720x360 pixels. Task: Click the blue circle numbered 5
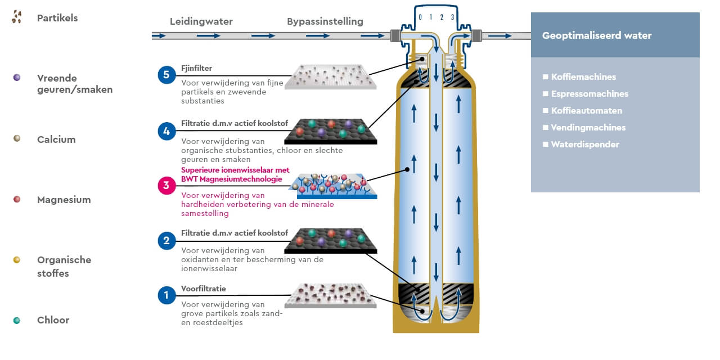pyautogui.click(x=167, y=74)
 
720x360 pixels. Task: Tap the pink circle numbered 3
pyautogui.click(x=167, y=185)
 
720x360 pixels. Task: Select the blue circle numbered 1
pyautogui.click(x=167, y=295)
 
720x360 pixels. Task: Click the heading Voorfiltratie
pyautogui.click(x=204, y=289)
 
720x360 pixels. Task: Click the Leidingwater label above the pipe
pyautogui.click(x=201, y=22)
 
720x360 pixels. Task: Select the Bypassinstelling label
pyautogui.click(x=325, y=22)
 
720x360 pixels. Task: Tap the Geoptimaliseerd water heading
pyautogui.click(x=597, y=35)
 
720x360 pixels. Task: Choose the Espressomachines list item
pyautogui.click(x=589, y=94)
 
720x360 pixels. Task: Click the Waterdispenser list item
pyautogui.click(x=585, y=145)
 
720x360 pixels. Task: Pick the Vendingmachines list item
pyautogui.click(x=588, y=128)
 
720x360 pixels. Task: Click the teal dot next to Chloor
pyautogui.click(x=17, y=320)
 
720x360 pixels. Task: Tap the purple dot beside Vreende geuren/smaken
pyautogui.click(x=17, y=78)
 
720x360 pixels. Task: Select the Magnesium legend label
pyautogui.click(x=64, y=200)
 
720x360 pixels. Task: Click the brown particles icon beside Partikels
pyautogui.click(x=17, y=17)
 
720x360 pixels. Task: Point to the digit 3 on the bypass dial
pyautogui.click(x=452, y=17)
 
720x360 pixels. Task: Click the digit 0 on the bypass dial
pyautogui.click(x=420, y=17)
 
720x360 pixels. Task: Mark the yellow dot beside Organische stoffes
pyautogui.click(x=17, y=260)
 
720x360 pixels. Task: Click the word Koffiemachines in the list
pyautogui.click(x=584, y=77)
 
